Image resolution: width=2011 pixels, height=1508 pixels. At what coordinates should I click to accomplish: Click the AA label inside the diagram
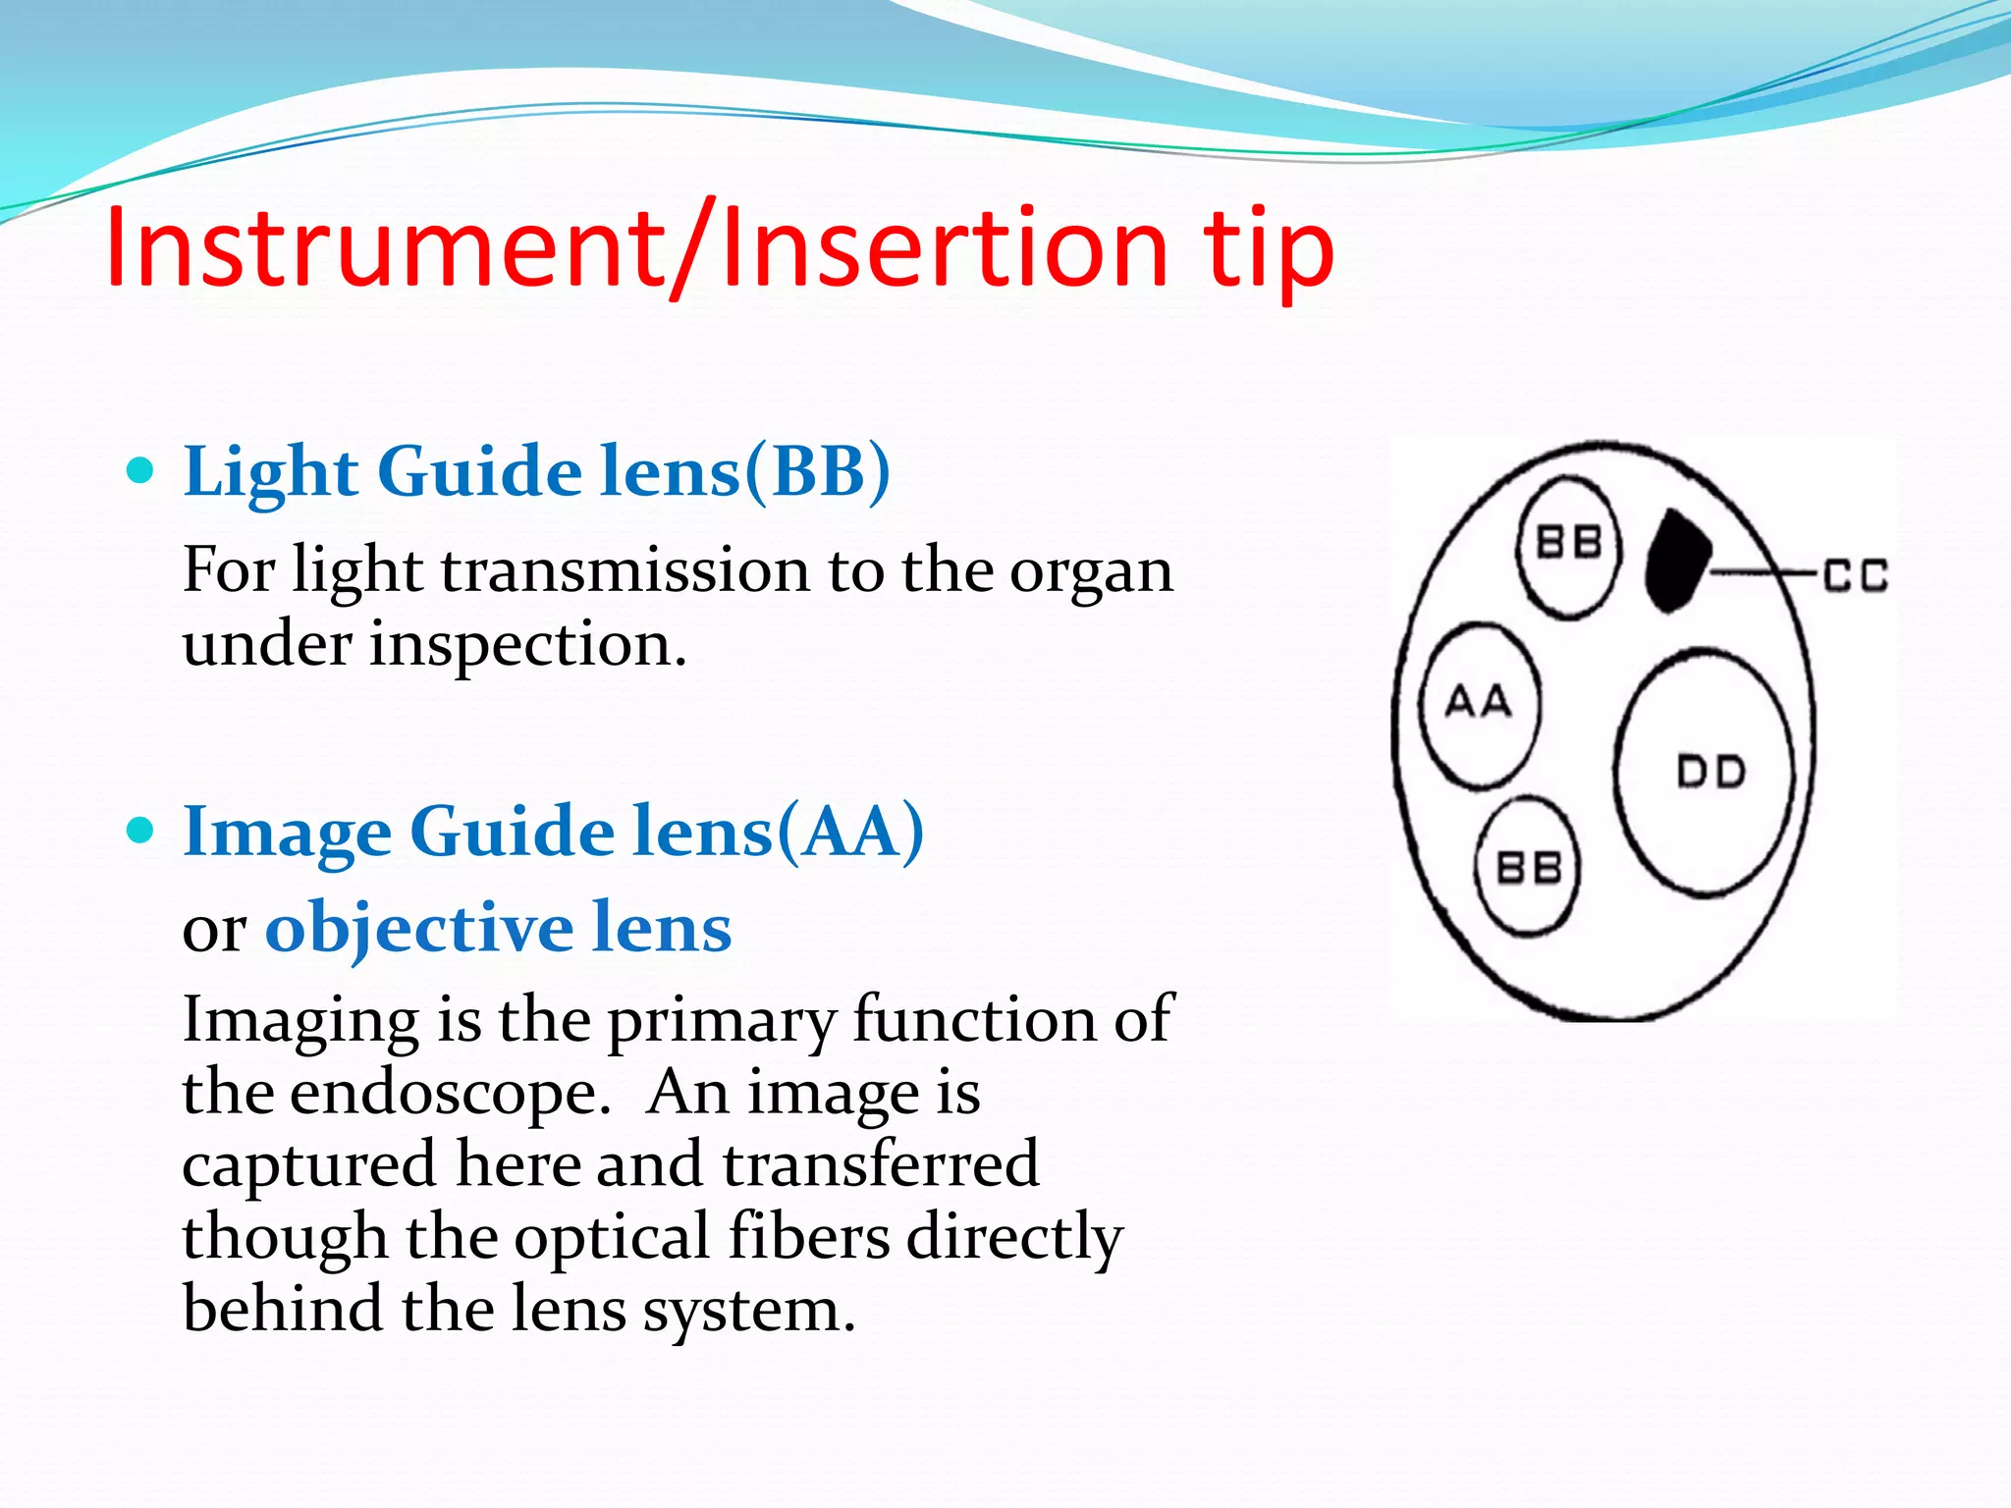[x=1478, y=703]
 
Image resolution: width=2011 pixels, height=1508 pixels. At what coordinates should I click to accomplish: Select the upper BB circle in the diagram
[x=1568, y=546]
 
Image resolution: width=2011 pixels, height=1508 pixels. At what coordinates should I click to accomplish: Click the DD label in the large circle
[x=1710, y=773]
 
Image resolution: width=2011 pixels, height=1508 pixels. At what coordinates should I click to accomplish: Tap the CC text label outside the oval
[x=1856, y=575]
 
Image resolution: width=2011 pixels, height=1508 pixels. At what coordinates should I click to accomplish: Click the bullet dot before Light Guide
[x=141, y=471]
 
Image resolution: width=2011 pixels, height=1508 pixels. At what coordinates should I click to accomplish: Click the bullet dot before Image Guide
[x=141, y=831]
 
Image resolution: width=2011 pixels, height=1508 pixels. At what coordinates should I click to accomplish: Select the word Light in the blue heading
[x=271, y=472]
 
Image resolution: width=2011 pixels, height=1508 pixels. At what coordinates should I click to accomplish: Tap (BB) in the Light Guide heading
[x=817, y=472]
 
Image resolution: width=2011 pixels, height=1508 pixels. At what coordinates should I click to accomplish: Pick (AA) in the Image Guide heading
[x=850, y=833]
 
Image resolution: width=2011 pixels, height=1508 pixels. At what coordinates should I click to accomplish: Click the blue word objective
[x=418, y=928]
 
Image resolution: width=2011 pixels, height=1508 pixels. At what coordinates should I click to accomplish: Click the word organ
[x=1091, y=571]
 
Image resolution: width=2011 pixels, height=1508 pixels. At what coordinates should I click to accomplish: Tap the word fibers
[x=809, y=1236]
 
